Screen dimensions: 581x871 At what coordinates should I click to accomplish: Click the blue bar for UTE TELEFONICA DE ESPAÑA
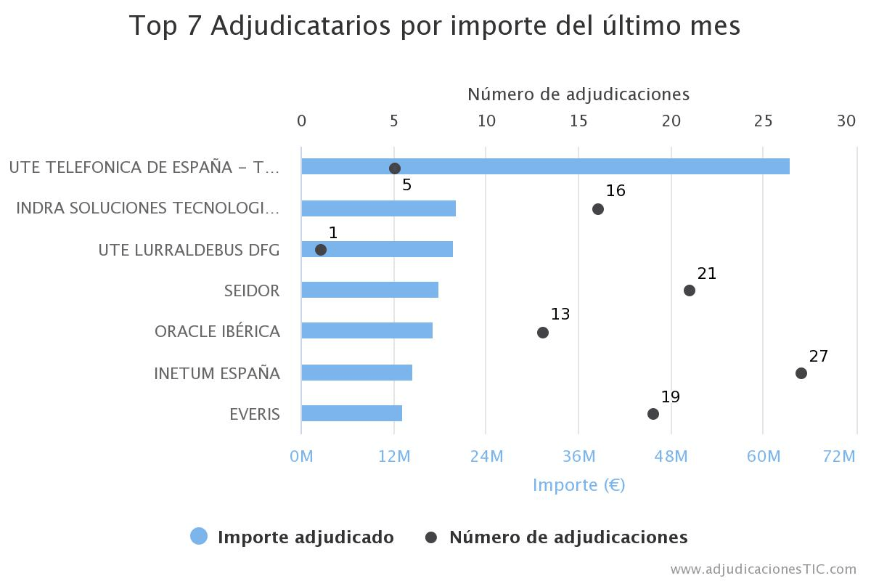point(545,166)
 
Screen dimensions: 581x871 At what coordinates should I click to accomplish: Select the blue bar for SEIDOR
point(369,290)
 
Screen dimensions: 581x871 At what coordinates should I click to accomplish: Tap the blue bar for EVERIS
point(351,413)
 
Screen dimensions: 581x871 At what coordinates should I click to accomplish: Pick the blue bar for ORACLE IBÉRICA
point(367,330)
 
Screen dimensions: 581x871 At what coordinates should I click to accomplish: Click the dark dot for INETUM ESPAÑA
point(801,373)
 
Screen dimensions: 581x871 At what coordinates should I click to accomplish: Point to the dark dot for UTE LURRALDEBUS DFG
point(321,250)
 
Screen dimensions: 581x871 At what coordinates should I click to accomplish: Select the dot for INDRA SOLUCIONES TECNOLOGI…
point(597,209)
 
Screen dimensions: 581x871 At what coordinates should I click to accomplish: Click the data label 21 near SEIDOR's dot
point(706,274)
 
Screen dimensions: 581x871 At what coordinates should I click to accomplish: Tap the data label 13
point(560,314)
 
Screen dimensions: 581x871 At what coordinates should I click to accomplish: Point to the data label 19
point(670,397)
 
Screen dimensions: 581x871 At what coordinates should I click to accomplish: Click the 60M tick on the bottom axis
point(763,456)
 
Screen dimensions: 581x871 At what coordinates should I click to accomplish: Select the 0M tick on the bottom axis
point(301,456)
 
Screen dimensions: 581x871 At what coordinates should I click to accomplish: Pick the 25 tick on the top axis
point(763,121)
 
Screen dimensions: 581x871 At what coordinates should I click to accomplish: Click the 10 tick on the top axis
point(486,121)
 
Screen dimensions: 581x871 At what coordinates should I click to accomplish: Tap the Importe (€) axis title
point(578,484)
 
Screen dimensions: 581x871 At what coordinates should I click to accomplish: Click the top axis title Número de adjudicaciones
point(578,94)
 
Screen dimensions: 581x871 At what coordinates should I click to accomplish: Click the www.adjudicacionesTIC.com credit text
point(763,569)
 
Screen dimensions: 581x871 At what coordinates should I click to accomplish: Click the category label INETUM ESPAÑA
point(217,373)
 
